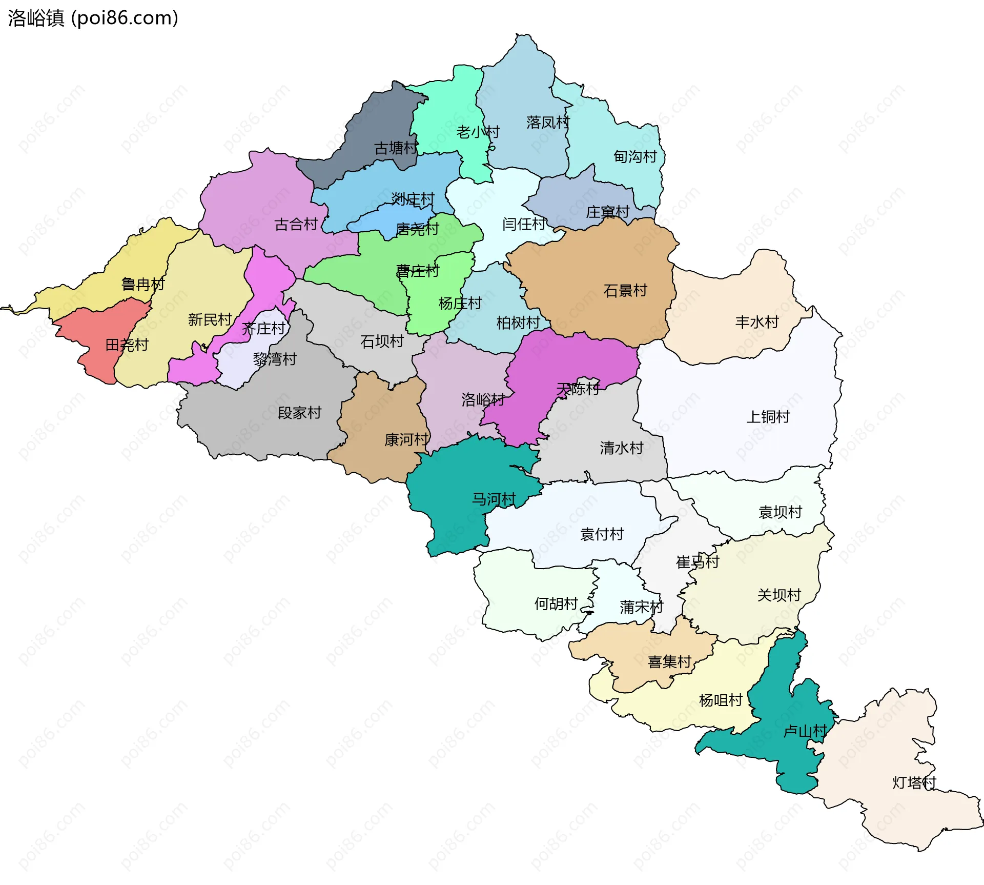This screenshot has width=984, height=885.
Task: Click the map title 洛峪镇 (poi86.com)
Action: click(93, 18)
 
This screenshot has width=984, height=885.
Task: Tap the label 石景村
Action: click(625, 291)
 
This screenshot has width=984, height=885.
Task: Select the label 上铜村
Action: click(768, 416)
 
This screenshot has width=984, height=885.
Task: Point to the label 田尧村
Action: click(127, 345)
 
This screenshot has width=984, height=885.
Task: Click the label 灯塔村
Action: click(914, 782)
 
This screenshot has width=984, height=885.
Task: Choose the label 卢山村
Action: click(805, 731)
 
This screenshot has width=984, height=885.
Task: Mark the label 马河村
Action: click(494, 499)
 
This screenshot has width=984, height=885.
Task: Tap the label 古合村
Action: click(296, 224)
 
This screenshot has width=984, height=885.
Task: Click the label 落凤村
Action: click(548, 122)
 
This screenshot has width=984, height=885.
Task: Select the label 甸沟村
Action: click(635, 156)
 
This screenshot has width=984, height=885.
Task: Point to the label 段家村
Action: click(299, 412)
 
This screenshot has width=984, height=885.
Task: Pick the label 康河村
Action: click(406, 439)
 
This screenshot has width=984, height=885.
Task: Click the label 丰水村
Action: click(757, 322)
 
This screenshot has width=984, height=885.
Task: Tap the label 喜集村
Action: click(670, 661)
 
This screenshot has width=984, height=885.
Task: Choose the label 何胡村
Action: click(556, 604)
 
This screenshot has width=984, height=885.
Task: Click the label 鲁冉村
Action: click(143, 284)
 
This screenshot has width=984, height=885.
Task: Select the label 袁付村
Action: click(602, 534)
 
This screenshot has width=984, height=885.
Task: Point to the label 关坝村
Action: click(779, 595)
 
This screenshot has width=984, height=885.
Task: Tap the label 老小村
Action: click(478, 132)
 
